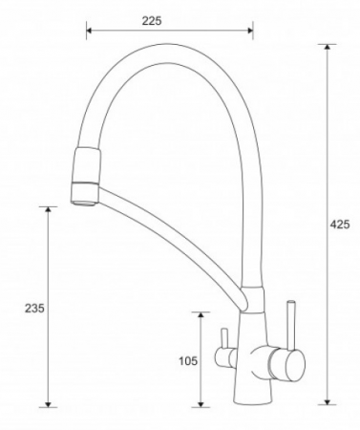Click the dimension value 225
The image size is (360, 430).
coord(152,21)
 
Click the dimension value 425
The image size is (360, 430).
coord(339,225)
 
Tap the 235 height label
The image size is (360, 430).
coord(34,309)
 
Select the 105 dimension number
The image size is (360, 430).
coord(188,361)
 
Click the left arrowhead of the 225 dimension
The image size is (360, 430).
coord(89,31)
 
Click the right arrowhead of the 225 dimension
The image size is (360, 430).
coord(250,31)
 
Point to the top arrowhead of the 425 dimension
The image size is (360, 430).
coord(327,47)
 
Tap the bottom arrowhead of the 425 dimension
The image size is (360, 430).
coord(327,402)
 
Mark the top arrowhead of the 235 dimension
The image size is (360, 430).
coord(48,209)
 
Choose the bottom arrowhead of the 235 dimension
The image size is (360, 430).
coord(48,404)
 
